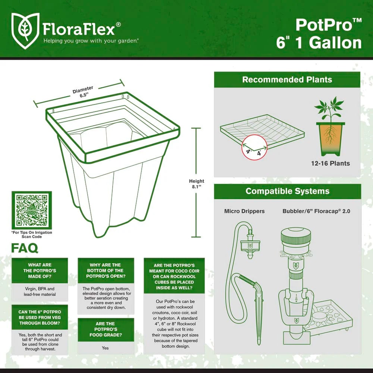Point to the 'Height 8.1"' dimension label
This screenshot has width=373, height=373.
tap(197, 184)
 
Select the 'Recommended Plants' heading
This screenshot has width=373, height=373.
tap(287, 79)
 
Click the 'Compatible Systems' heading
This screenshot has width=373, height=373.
tap(287, 191)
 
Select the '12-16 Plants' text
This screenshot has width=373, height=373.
tap(330, 163)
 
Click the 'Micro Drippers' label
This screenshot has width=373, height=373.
tap(244, 211)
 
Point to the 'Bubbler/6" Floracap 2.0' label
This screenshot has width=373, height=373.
tap(316, 211)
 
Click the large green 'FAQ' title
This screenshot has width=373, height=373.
tap(25, 248)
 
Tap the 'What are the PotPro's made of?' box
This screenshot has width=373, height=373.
tap(40, 270)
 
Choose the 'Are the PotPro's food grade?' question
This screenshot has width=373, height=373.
tap(106, 329)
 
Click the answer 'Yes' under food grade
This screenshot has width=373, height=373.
tap(105, 348)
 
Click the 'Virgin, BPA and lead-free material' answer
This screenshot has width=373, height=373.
tap(40, 291)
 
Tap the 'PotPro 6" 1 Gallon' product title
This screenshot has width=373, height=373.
tap(319, 34)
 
